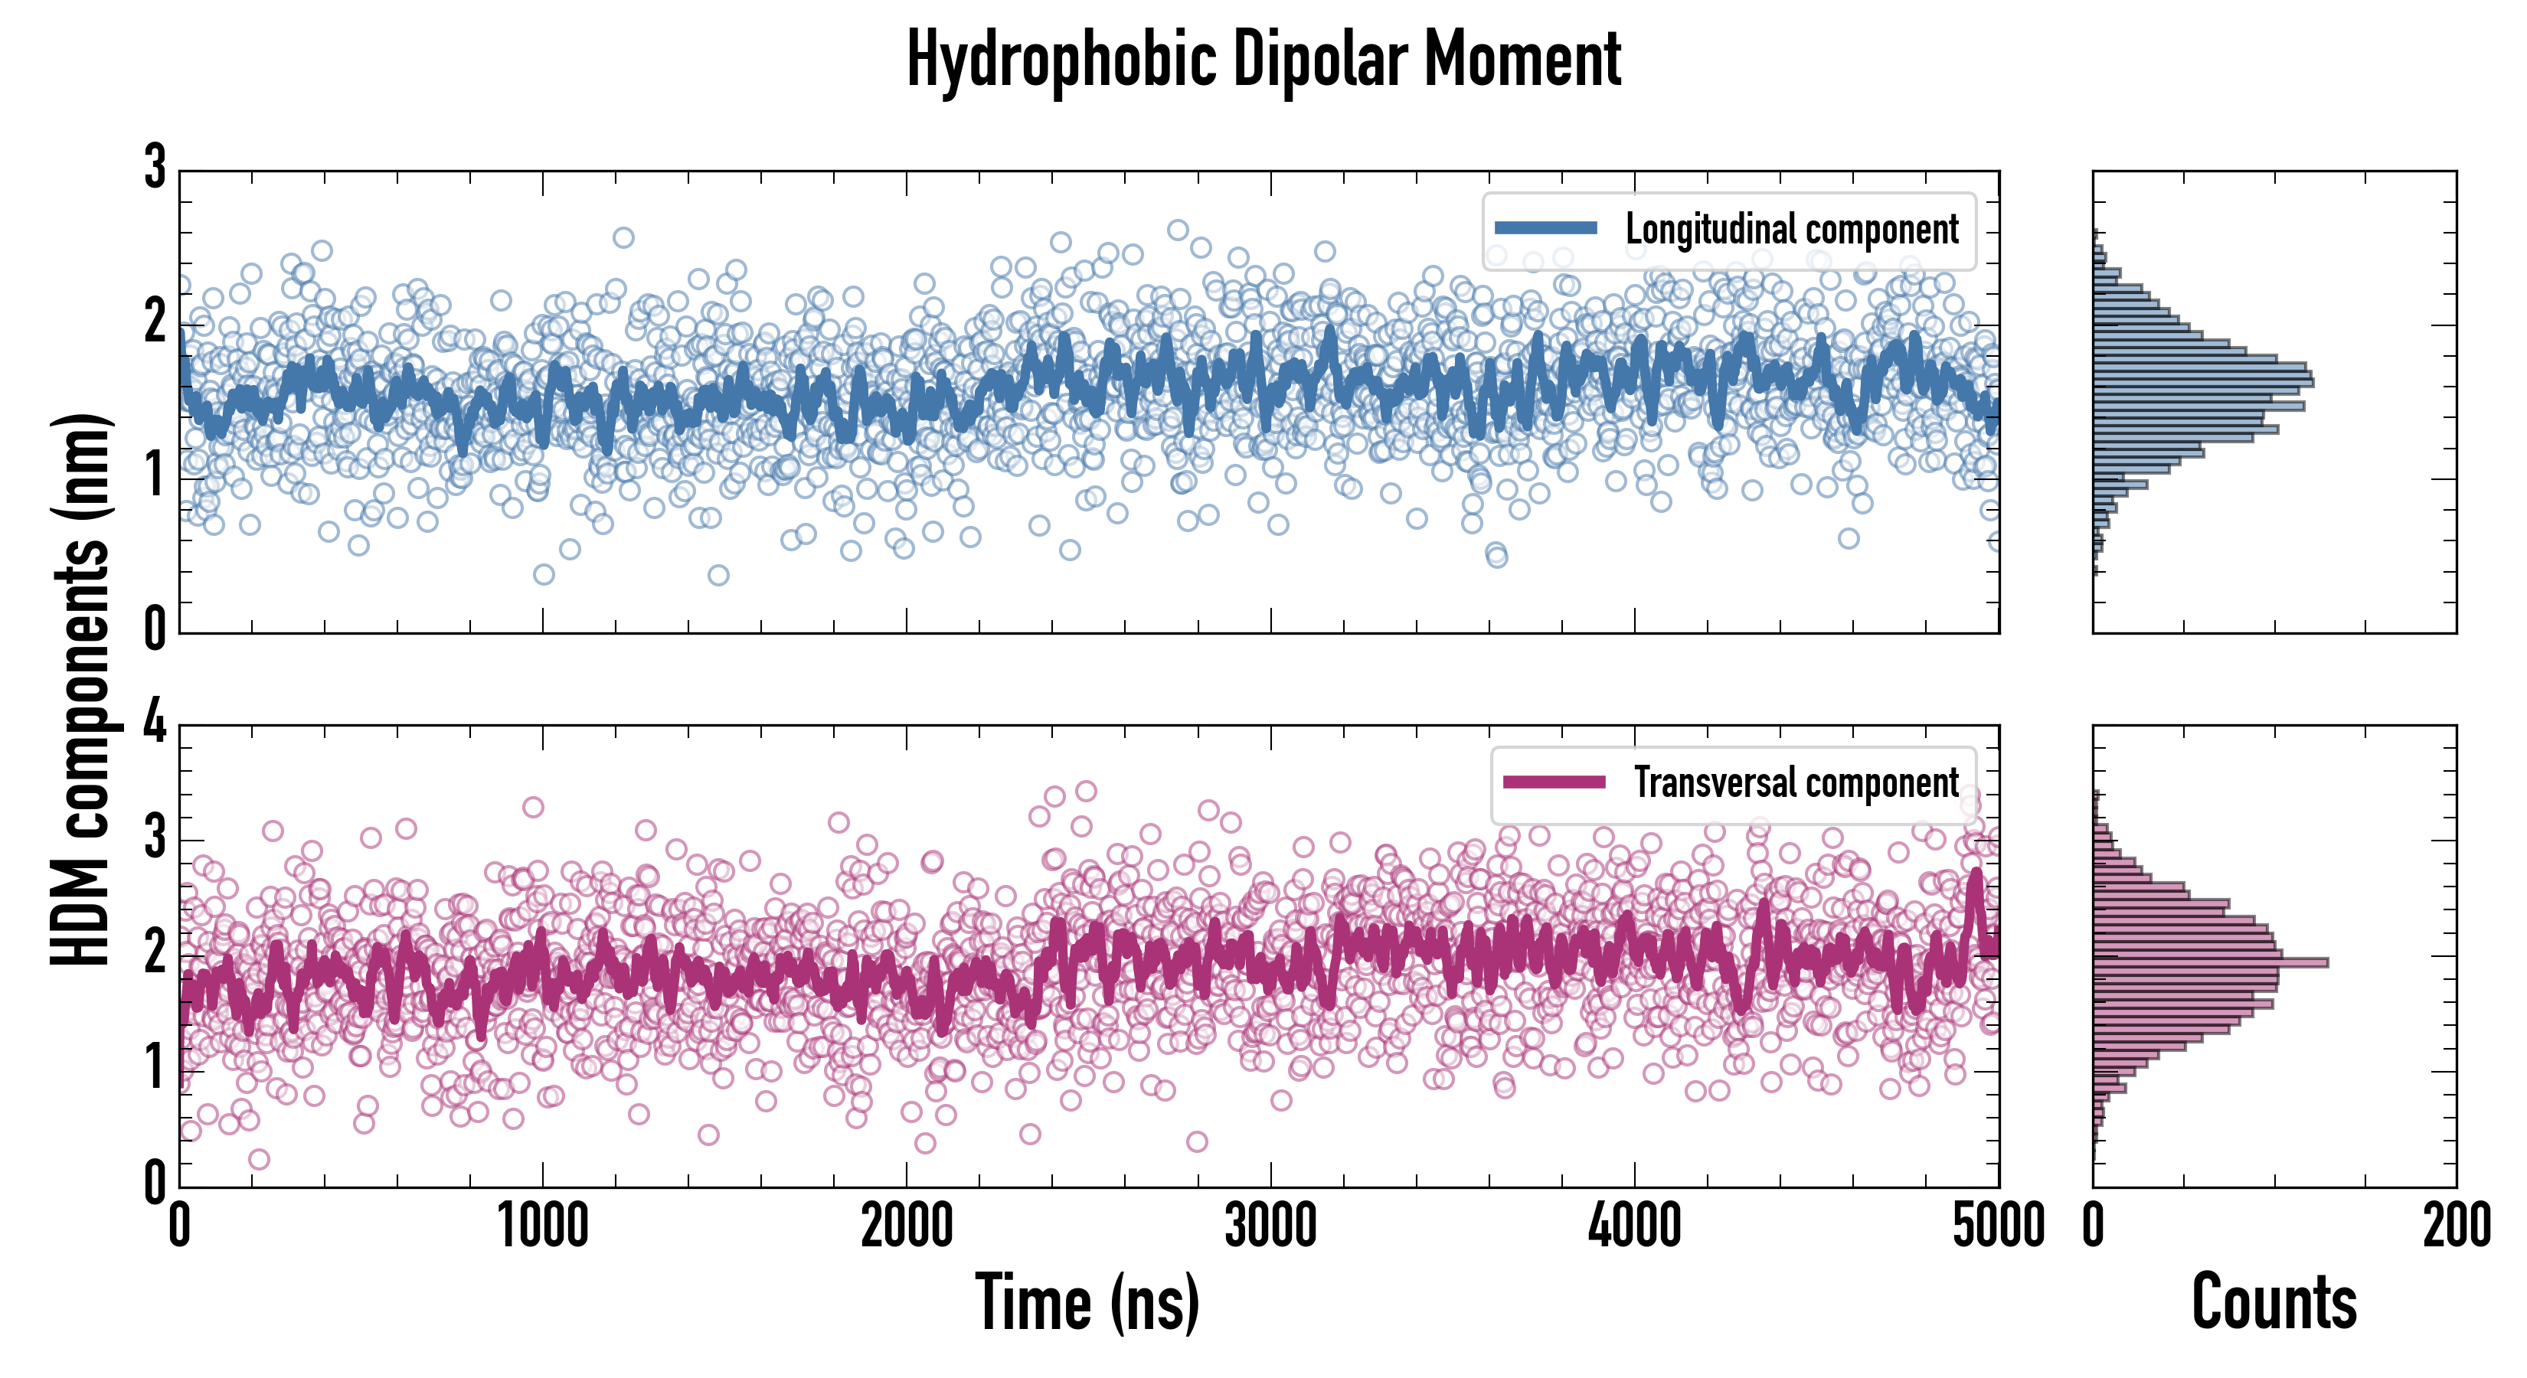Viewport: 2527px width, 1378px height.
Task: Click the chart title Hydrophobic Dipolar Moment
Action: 1263,60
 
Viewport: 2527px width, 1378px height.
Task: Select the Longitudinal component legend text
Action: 1791,230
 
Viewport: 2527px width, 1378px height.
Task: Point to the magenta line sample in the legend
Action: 1553,782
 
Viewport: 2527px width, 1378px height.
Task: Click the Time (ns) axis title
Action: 1087,1302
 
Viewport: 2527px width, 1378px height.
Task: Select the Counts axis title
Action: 2274,1302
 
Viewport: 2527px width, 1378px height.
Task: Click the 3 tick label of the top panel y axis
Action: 155,168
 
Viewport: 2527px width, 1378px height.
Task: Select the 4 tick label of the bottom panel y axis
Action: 155,723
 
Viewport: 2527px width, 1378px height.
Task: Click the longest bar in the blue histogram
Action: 2203,380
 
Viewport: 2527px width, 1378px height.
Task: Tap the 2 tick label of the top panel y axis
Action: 155,322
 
